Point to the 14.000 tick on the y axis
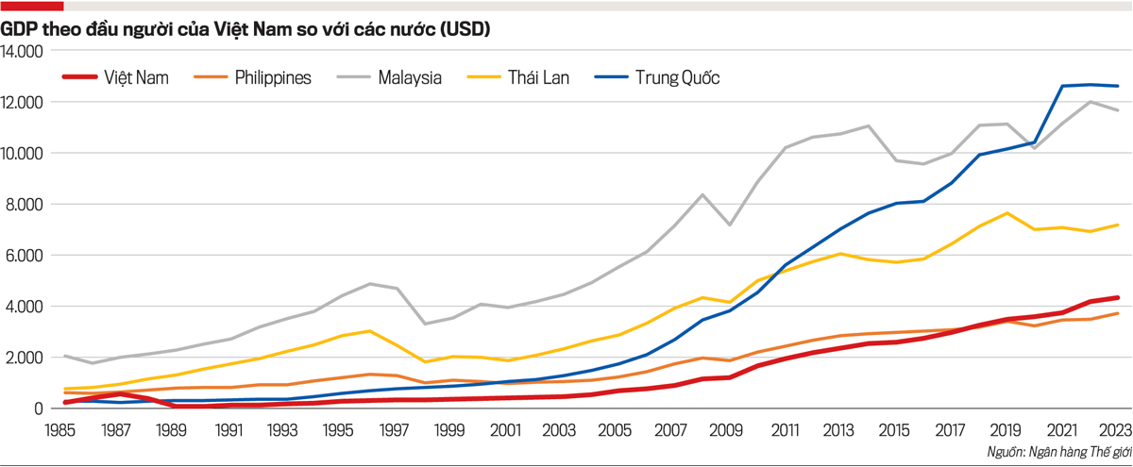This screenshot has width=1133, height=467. click(x=28, y=51)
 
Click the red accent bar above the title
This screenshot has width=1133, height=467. click(x=32, y=8)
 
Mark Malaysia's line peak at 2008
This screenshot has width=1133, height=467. click(x=702, y=195)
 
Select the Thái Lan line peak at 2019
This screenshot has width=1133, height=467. click(x=1007, y=213)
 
